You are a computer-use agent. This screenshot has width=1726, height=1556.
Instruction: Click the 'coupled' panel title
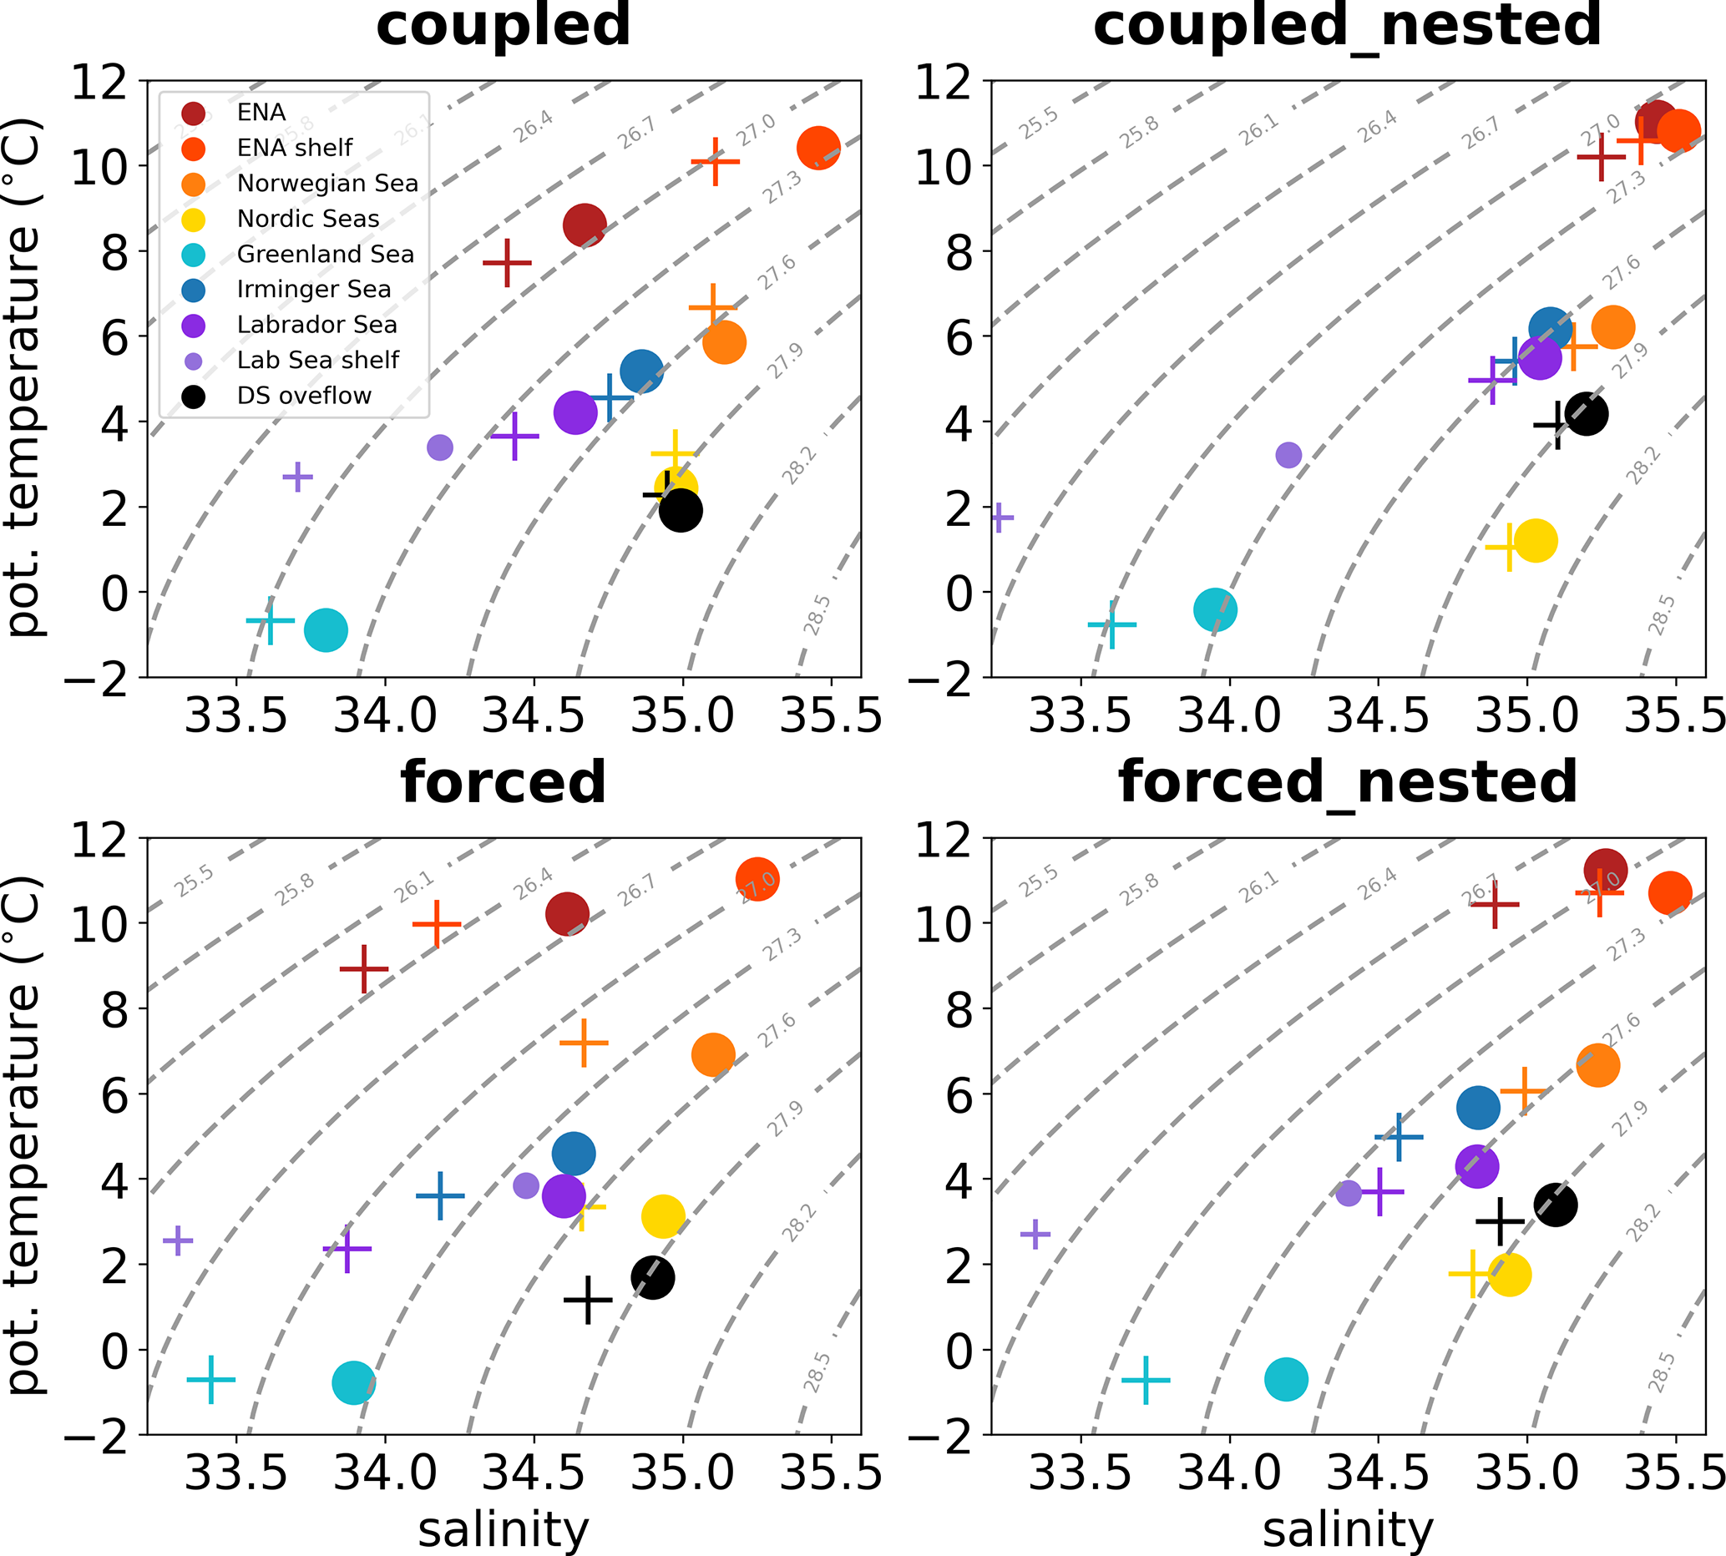click(x=503, y=26)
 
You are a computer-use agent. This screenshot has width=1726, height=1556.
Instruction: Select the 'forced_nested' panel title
click(x=1348, y=782)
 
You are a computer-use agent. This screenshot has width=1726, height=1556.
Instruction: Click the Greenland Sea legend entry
click(x=325, y=254)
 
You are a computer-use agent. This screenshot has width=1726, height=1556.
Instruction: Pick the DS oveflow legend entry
click(x=304, y=396)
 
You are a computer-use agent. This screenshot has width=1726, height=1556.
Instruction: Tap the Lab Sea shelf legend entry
click(x=317, y=360)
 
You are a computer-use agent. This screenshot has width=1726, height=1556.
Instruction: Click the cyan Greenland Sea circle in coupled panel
click(x=326, y=630)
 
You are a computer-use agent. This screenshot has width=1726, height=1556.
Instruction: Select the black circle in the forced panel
click(x=653, y=1278)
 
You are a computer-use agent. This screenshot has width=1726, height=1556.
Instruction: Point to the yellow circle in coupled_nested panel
click(x=1536, y=541)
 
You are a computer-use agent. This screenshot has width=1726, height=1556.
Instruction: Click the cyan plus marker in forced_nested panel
click(x=1146, y=1380)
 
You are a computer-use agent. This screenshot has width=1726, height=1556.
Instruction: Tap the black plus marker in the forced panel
click(x=588, y=1301)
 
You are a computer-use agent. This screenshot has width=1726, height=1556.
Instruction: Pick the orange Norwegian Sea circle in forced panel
click(x=713, y=1054)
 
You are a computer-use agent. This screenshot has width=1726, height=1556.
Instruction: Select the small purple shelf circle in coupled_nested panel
click(x=1288, y=455)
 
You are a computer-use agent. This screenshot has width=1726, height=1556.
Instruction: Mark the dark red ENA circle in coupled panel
click(x=585, y=225)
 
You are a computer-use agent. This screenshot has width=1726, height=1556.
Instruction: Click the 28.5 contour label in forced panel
click(x=817, y=1373)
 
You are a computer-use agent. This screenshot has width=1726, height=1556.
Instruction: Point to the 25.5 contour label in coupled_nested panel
click(x=1038, y=125)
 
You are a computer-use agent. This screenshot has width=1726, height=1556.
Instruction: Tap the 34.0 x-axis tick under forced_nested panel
click(x=1229, y=1474)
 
